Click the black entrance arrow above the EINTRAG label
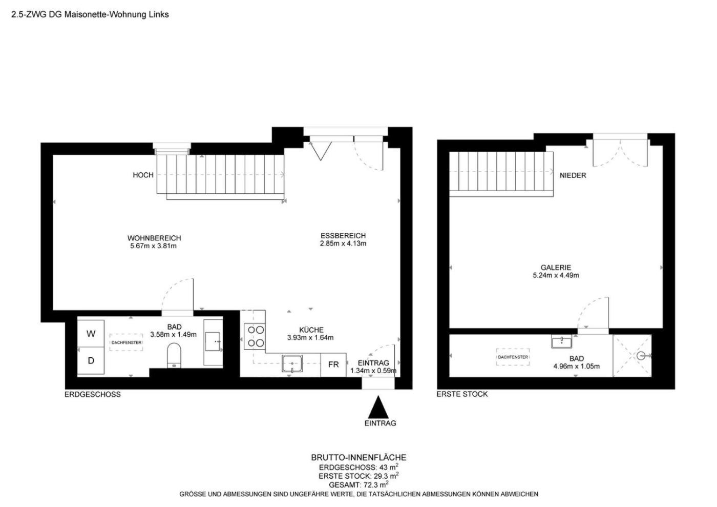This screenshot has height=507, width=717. pyautogui.click(x=378, y=408)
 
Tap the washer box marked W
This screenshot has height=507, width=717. pyautogui.click(x=91, y=333)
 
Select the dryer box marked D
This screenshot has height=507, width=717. pyautogui.click(x=91, y=360)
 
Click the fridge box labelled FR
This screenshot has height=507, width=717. pyautogui.click(x=333, y=364)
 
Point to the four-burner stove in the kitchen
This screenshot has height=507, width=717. pyautogui.click(x=255, y=336)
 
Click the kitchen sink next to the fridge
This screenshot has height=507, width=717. pyautogui.click(x=292, y=363)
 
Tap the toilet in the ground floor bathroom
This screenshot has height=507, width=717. pyautogui.click(x=174, y=355)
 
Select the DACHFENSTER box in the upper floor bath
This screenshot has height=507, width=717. pyautogui.click(x=513, y=357)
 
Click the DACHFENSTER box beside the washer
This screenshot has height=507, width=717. pyautogui.click(x=126, y=342)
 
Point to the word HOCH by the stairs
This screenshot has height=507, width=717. pyautogui.click(x=143, y=175)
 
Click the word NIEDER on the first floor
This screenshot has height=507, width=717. pyautogui.click(x=573, y=175)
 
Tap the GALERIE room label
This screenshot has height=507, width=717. pyautogui.click(x=556, y=267)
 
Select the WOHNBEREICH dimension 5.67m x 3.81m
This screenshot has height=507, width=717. pyautogui.click(x=153, y=246)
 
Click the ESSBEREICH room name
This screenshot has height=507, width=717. pyautogui.click(x=343, y=235)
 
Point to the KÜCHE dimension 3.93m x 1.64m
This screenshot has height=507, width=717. pyautogui.click(x=310, y=337)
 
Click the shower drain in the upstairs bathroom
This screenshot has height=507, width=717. pyautogui.click(x=641, y=356)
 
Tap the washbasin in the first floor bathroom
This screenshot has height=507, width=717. pyautogui.click(x=561, y=341)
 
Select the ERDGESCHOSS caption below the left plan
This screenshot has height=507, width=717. pyautogui.click(x=93, y=395)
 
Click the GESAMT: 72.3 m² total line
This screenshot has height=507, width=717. pyautogui.click(x=358, y=484)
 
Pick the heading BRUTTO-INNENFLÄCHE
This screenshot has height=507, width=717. pyautogui.click(x=358, y=457)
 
